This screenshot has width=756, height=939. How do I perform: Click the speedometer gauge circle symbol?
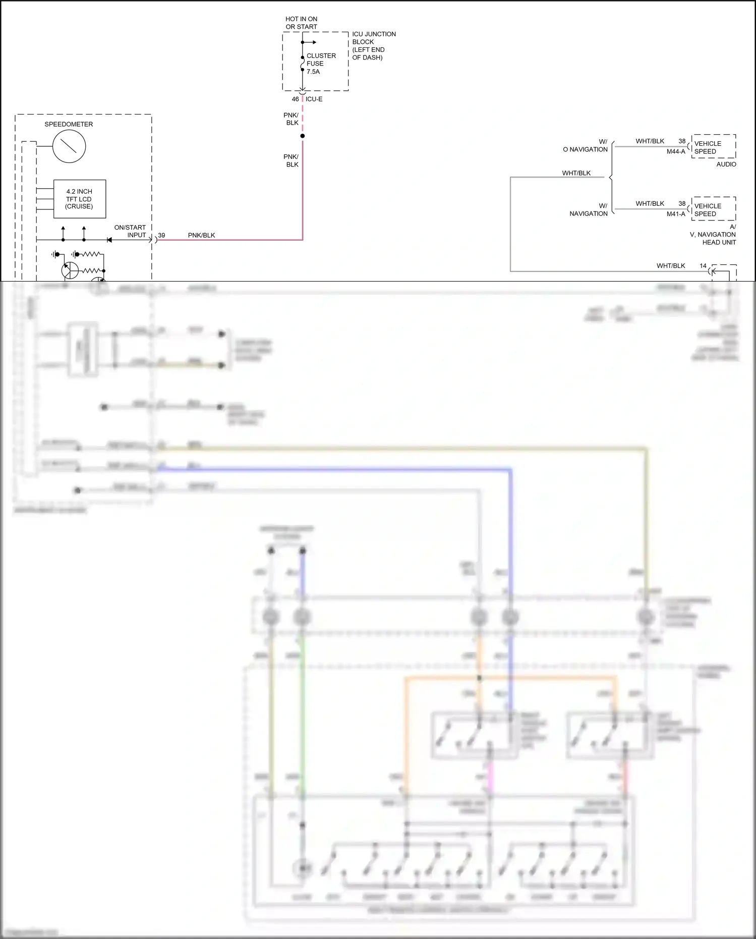coord(69,146)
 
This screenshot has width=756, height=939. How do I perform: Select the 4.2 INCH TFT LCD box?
coord(80,199)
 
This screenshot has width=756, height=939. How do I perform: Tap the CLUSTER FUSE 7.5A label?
coord(321,64)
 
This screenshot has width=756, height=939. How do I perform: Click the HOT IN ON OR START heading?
coord(301,23)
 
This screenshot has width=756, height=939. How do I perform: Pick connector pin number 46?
coord(295,99)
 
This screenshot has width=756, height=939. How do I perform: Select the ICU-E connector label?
coord(314,99)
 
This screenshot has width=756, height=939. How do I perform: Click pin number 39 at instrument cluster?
coord(161,235)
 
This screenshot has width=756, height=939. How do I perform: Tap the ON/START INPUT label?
coord(130,231)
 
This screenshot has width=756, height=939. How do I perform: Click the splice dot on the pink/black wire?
coord(303,136)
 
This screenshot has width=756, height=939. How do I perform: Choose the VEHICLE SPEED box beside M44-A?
coord(713,147)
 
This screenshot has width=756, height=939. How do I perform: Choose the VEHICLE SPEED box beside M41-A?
coord(713,209)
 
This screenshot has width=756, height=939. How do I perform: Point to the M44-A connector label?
coord(676,151)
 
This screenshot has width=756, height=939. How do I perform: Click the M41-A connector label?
coord(676,214)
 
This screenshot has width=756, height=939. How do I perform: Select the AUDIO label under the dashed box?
coord(726,164)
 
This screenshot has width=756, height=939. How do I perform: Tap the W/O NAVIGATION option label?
coord(586,146)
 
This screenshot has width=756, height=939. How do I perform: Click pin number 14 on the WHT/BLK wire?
coord(703,265)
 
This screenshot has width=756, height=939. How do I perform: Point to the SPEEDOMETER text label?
coord(69,124)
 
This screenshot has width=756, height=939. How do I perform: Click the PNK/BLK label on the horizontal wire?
coord(201,235)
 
